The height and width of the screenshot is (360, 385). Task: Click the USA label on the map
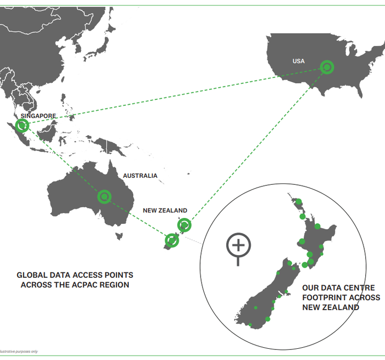tap(298, 61)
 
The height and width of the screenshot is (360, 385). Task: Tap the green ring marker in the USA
tap(327, 67)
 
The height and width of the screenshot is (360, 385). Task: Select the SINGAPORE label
tap(38, 116)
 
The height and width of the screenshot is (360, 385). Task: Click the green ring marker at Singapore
tap(22, 126)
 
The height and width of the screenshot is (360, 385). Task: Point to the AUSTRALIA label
tap(140, 176)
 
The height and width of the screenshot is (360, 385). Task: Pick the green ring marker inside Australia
tap(104, 197)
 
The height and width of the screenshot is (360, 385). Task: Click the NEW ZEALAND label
tap(165, 210)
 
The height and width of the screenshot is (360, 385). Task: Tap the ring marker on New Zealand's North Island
tap(184, 225)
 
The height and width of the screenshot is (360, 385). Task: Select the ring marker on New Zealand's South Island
tap(172, 240)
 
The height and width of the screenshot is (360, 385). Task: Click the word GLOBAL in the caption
tap(33, 275)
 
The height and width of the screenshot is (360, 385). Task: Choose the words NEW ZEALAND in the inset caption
tap(330, 308)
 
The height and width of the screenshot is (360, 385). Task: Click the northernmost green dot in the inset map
tap(299, 202)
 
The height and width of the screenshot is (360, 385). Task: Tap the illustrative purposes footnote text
tap(19, 351)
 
